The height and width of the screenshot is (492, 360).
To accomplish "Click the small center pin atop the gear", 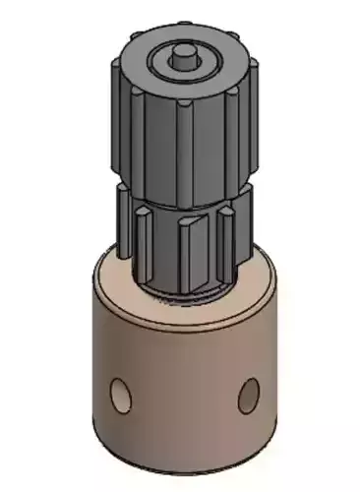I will [183, 55].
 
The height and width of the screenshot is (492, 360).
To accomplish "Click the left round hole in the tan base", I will [121, 394].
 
